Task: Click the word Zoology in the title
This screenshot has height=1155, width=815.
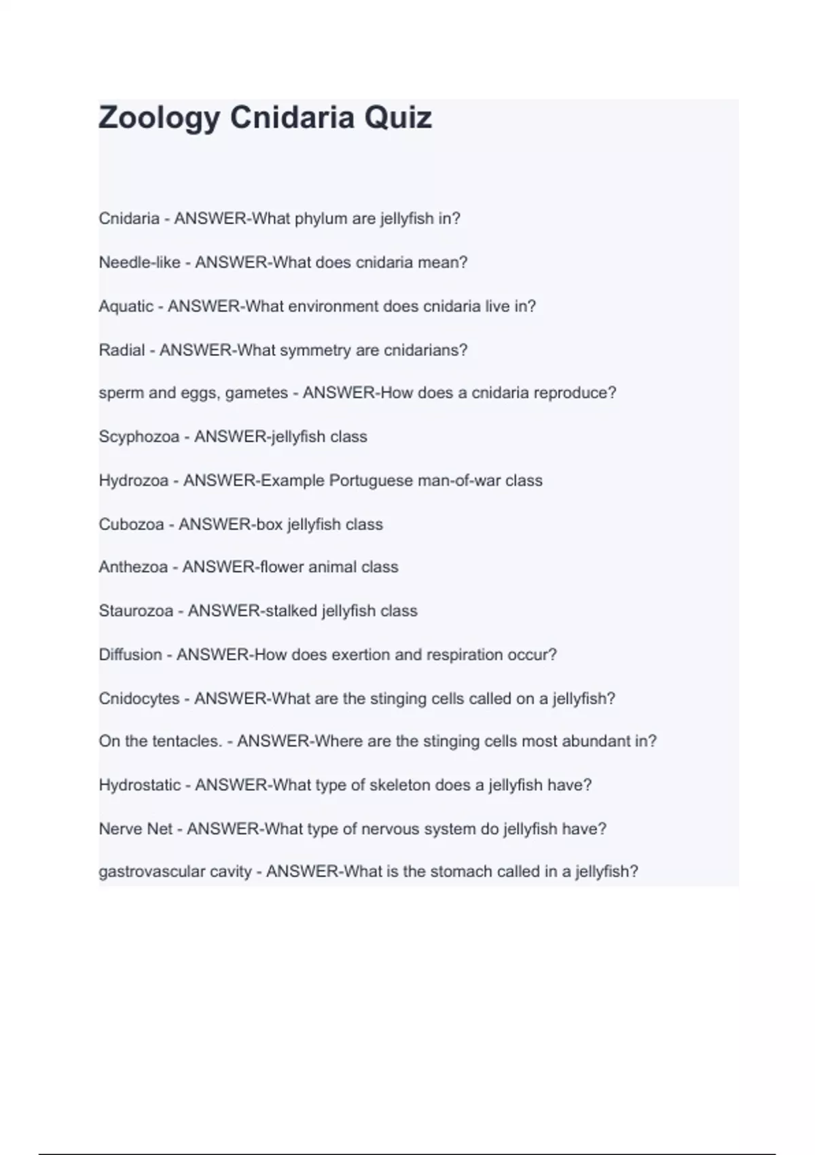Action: tap(160, 118)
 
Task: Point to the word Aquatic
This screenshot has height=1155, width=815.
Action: tap(126, 306)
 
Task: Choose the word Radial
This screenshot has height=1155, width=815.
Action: tap(122, 350)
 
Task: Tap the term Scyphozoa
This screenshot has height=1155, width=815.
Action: tap(139, 437)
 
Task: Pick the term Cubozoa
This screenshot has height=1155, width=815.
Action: tap(131, 525)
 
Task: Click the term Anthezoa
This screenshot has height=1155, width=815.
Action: tap(133, 567)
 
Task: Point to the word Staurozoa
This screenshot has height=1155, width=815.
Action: tap(136, 611)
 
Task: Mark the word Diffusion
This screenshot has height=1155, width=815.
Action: tap(130, 655)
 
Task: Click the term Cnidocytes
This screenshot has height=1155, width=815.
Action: tap(139, 698)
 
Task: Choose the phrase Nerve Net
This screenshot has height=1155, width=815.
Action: tap(136, 829)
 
